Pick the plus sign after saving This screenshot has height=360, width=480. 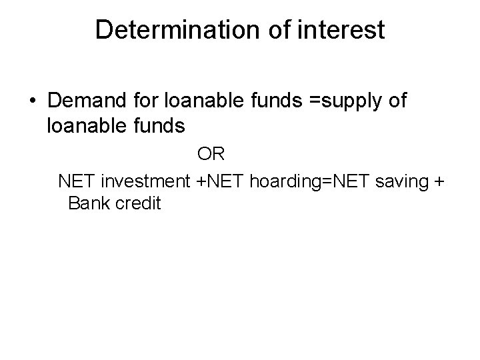pyautogui.click(x=438, y=181)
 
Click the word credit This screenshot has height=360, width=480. pyautogui.click(x=138, y=203)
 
